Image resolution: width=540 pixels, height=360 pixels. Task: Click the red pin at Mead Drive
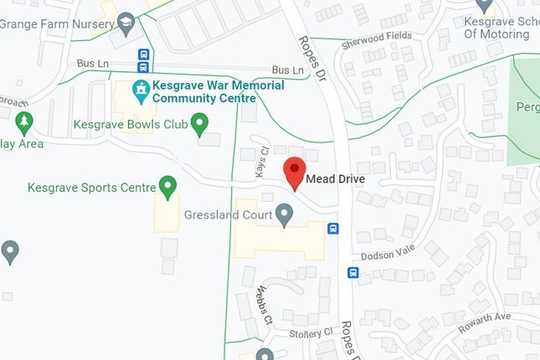(294, 172)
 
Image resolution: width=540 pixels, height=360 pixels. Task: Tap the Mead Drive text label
(336, 180)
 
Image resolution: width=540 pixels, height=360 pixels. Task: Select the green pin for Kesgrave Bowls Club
(199, 125)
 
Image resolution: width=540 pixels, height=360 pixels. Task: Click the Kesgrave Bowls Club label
(128, 125)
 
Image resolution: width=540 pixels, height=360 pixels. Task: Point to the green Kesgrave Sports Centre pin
(168, 186)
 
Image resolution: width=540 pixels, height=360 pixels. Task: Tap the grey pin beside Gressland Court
(285, 216)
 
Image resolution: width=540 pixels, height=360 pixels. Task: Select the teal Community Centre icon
(141, 87)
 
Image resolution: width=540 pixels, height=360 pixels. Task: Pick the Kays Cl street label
(260, 162)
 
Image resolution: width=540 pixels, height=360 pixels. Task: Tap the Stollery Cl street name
(310, 333)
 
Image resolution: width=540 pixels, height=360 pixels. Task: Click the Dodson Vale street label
(388, 255)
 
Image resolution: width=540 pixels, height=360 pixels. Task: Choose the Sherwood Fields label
(376, 37)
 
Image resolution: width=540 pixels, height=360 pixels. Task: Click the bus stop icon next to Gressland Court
(332, 229)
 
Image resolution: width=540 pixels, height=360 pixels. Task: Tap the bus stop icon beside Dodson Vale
(353, 272)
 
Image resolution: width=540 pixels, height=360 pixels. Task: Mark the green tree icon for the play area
(23, 122)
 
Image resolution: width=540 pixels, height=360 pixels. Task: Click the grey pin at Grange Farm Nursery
(126, 22)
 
